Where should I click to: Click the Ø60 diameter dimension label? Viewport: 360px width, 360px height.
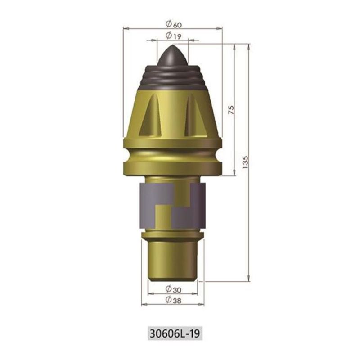pos(173,24)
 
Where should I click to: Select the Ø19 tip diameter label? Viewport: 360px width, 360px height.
pos(173,36)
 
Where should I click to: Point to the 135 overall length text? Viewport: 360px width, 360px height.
pos(245,162)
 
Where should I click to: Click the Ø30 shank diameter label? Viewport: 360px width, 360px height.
pos(173,289)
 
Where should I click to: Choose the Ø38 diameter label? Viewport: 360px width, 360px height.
pos(173,300)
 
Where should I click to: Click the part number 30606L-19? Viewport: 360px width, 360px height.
pos(175,333)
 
